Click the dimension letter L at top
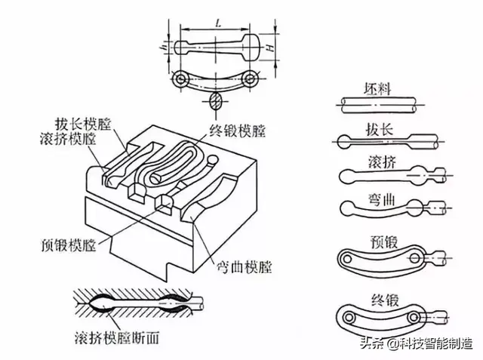point(217,25)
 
